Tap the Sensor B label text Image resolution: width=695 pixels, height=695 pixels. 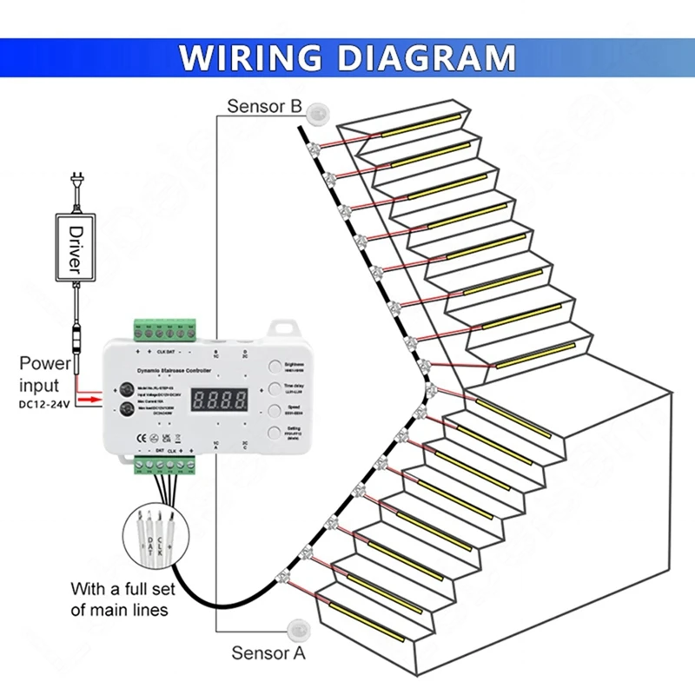(264, 107)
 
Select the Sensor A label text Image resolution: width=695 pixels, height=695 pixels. (268, 653)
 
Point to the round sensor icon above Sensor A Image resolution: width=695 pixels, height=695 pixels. (298, 628)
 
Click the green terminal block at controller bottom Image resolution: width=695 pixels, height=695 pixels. (165, 467)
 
